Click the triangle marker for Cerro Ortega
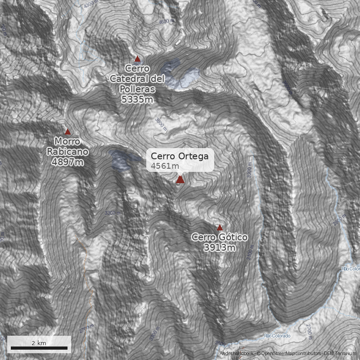pyautogui.click(x=180, y=180)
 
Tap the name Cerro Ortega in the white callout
pyautogui.click(x=180, y=156)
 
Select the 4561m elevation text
pyautogui.click(x=165, y=166)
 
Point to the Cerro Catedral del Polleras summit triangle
pyautogui.click(x=138, y=59)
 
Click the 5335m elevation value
pyautogui.click(x=137, y=99)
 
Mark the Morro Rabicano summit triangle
pyautogui.click(x=68, y=132)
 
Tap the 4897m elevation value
pyautogui.click(x=67, y=162)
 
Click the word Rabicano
pyautogui.click(x=67, y=152)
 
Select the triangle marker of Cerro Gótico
pyautogui.click(x=220, y=227)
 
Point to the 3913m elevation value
pyautogui.click(x=220, y=247)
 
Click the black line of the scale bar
pyautogui.click(x=39, y=348)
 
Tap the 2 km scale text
pyautogui.click(x=39, y=343)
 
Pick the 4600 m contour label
pyautogui.click(x=166, y=22)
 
